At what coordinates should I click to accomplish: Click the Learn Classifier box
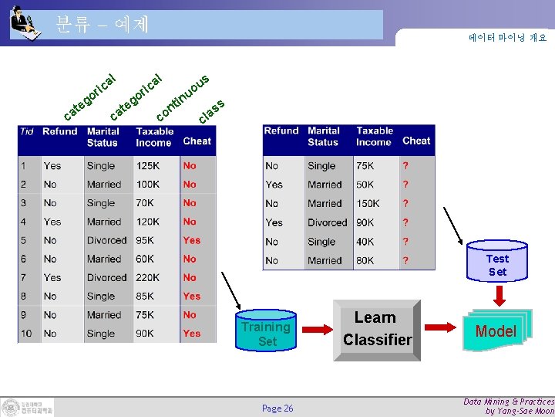[377, 330]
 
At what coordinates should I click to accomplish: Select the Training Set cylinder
[266, 332]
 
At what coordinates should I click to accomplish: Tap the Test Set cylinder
[497, 263]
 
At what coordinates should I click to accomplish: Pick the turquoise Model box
[495, 331]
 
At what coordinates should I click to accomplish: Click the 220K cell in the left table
[150, 277]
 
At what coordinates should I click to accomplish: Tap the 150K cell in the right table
[368, 203]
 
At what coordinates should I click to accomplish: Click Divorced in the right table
[327, 222]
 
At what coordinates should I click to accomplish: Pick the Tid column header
[27, 132]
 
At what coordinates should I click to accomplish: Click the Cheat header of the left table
[197, 141]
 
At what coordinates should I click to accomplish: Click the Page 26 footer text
[277, 408]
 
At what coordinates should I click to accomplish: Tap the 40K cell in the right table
[367, 241]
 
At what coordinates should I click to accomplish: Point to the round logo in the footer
[12, 407]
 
